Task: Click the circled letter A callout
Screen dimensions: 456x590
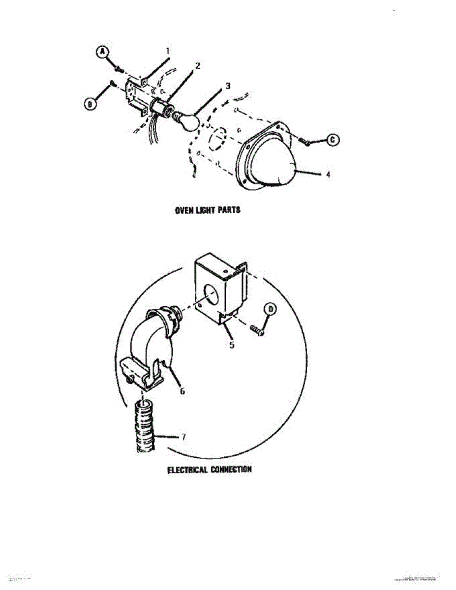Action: pos(102,53)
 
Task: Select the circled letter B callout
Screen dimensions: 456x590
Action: pos(90,104)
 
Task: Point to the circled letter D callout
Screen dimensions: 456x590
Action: pos(271,309)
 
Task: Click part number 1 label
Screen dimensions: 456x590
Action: pos(167,51)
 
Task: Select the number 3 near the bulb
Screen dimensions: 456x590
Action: pos(227,86)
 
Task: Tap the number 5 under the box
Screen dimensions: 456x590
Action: pos(231,345)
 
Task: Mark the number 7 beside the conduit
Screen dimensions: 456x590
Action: pos(183,437)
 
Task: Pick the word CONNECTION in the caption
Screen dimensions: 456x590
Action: pos(231,470)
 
